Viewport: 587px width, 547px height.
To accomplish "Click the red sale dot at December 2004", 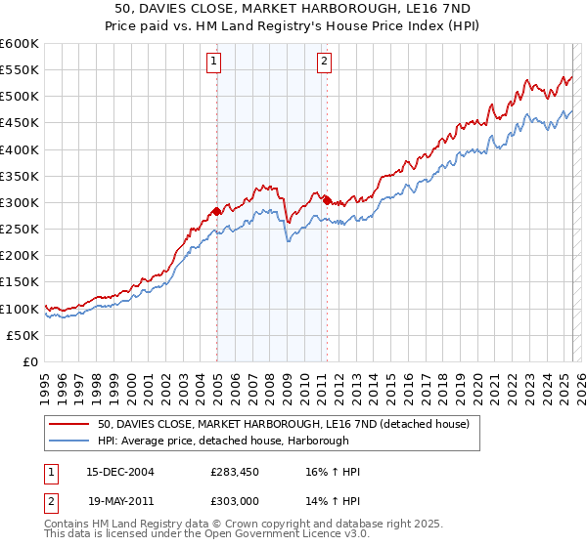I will coord(216,210).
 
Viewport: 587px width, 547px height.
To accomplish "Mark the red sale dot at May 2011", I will coord(327,200).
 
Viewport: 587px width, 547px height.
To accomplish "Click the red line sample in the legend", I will coord(69,424).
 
